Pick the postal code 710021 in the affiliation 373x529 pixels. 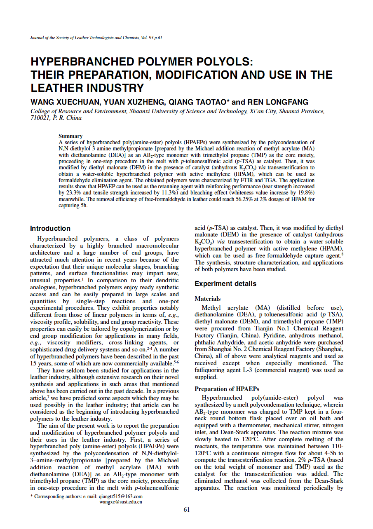coord(40,118)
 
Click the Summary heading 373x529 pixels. coord(70,136)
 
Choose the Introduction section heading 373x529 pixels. coord(50,229)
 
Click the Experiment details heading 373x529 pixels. coord(225,284)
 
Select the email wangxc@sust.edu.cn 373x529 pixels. coord(121,502)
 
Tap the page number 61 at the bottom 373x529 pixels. coord(186,510)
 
